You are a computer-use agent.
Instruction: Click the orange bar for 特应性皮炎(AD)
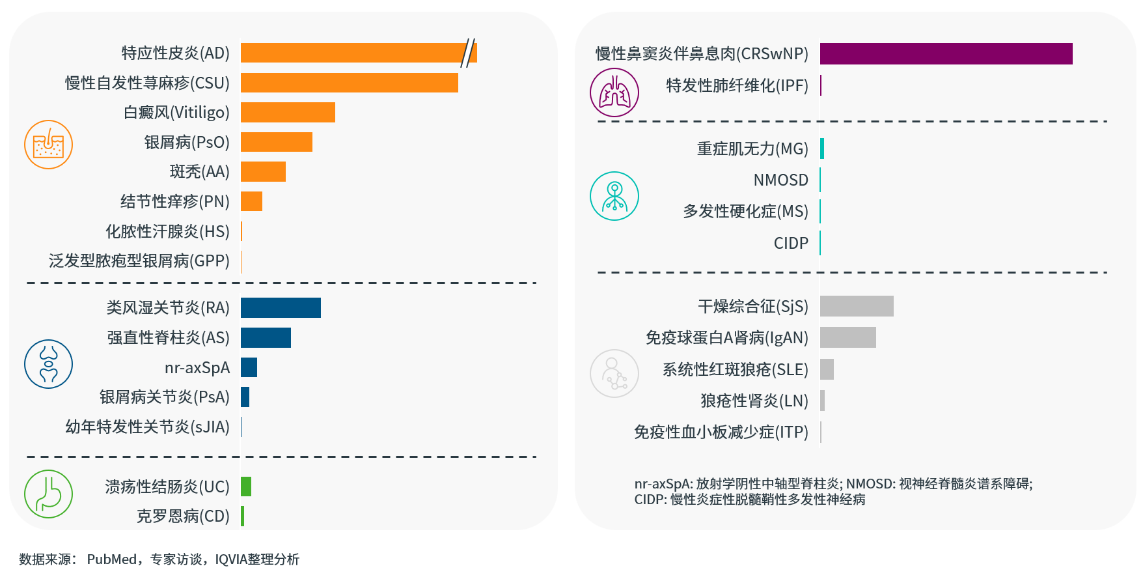(x=351, y=53)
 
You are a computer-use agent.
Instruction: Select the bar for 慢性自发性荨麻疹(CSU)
(x=349, y=83)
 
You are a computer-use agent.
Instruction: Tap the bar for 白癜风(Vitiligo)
(x=288, y=112)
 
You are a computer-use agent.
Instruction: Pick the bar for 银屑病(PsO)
(x=277, y=142)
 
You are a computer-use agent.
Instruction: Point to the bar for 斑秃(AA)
(x=263, y=171)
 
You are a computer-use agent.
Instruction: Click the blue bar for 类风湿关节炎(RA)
(x=281, y=307)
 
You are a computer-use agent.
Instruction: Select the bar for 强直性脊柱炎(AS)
(x=266, y=337)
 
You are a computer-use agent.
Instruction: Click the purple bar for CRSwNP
(x=946, y=53)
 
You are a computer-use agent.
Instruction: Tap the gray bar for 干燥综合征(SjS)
(x=857, y=306)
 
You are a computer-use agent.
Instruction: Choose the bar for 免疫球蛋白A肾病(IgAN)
(x=847, y=337)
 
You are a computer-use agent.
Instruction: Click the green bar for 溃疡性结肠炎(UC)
(x=246, y=487)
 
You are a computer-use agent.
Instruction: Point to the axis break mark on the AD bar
(x=468, y=53)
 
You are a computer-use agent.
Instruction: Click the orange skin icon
(x=48, y=145)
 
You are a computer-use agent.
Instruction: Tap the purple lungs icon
(x=614, y=92)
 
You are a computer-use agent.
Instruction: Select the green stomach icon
(x=48, y=494)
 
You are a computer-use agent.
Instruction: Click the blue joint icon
(x=48, y=363)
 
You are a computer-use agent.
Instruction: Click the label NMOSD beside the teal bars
(x=780, y=180)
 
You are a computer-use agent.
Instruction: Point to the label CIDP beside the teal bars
(x=791, y=243)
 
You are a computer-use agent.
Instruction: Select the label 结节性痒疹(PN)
(x=174, y=201)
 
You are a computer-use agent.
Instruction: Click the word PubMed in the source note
(x=111, y=559)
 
